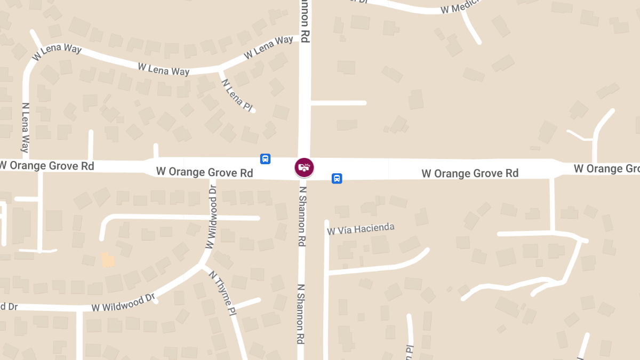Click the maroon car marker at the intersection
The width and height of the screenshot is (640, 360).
304,167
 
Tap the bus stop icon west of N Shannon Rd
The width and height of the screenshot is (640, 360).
265,159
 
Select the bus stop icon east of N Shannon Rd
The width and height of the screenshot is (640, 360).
337,178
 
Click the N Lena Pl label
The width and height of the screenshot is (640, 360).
236,95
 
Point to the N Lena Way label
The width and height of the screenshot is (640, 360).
25,127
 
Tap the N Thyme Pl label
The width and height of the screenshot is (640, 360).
222,292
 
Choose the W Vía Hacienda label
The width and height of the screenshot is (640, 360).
361,229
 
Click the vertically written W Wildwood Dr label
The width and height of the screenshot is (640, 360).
212,217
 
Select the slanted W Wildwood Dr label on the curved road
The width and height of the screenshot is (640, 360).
123,302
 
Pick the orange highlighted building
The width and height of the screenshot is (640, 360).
108,260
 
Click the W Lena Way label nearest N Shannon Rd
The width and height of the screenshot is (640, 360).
268,47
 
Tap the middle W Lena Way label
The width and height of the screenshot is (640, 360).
163,69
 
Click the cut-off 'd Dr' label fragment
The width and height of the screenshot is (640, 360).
9,307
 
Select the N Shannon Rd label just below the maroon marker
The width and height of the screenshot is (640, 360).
302,215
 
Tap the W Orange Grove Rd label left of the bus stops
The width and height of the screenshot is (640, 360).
204,172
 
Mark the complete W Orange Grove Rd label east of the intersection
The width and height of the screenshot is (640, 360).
470,173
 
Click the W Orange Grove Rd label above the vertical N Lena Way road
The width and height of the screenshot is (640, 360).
47,166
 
